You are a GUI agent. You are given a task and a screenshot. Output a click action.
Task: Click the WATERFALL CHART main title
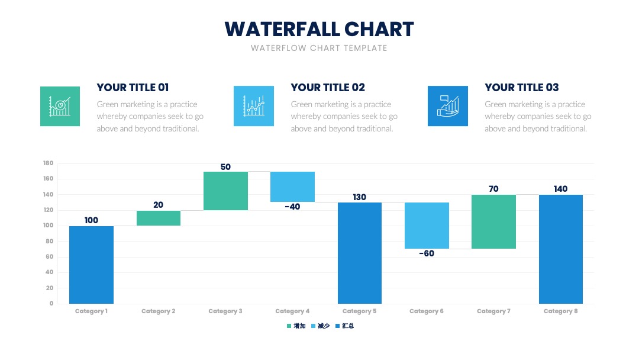pyautogui.click(x=319, y=29)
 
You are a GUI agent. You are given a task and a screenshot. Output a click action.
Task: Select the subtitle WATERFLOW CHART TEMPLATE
pyautogui.click(x=319, y=48)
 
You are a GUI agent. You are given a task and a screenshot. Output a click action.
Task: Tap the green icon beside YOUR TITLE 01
pyautogui.click(x=60, y=106)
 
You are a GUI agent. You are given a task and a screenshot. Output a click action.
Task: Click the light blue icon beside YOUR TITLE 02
pyautogui.click(x=253, y=106)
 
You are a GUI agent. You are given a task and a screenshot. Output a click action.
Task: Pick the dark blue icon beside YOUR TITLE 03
pyautogui.click(x=447, y=106)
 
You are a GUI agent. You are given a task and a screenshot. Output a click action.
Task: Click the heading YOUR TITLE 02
pyautogui.click(x=328, y=87)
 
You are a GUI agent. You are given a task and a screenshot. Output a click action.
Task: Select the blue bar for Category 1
pyautogui.click(x=91, y=265)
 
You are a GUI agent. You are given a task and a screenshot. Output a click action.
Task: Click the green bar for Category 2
pyautogui.click(x=159, y=218)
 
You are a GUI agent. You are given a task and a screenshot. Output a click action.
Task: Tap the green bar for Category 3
pyautogui.click(x=226, y=191)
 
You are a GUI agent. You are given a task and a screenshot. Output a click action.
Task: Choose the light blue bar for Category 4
pyautogui.click(x=293, y=187)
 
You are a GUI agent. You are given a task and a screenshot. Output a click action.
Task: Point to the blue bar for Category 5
pyautogui.click(x=360, y=253)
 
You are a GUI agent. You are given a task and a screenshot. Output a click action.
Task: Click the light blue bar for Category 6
pyautogui.click(x=427, y=226)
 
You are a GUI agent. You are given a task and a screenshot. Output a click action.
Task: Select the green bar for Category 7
pyautogui.click(x=493, y=222)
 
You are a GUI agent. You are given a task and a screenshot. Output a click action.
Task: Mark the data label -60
pyautogui.click(x=427, y=253)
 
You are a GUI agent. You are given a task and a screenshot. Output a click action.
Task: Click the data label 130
pyautogui.click(x=360, y=197)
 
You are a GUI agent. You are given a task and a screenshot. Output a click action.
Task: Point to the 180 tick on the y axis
pyautogui.click(x=48, y=163)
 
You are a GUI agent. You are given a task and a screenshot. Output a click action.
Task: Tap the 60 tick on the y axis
pyautogui.click(x=49, y=256)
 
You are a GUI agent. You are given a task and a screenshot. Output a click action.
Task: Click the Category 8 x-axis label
pyautogui.click(x=560, y=311)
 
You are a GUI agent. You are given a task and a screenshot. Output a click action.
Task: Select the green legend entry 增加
pyautogui.click(x=296, y=326)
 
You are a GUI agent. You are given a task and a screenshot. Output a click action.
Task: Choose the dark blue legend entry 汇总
pyautogui.click(x=345, y=326)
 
